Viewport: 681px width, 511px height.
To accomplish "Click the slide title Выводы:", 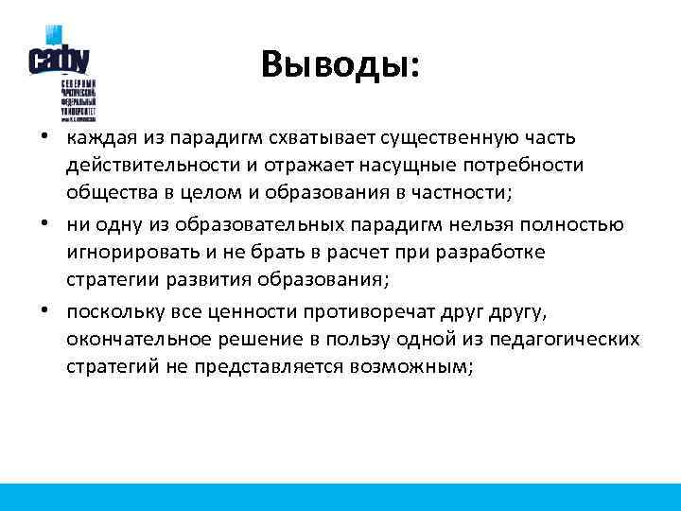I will pos(340,65).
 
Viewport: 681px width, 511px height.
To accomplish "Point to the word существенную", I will pos(458,138).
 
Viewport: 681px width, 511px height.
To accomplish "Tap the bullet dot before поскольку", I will pos(44,310).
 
